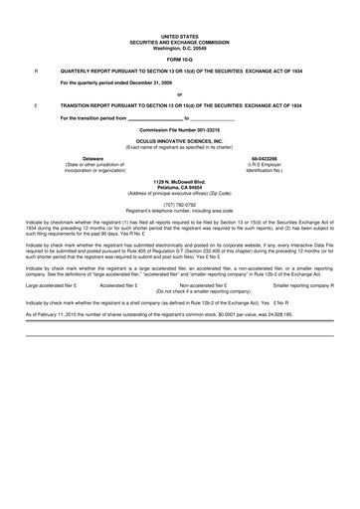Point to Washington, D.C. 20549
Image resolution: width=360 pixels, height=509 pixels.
180,48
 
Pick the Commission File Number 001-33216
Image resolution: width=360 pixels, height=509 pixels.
180,130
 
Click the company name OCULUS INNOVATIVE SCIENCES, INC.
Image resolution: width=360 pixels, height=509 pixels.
180,141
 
